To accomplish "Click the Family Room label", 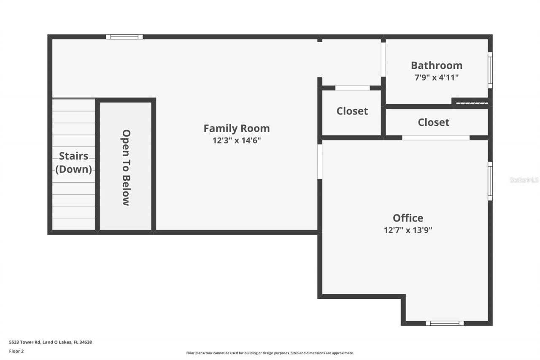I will (x=236, y=128).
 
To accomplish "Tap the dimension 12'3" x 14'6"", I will (x=236, y=141).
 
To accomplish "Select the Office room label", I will (x=408, y=218).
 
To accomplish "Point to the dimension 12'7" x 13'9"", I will (x=408, y=230).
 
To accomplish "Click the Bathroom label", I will (x=436, y=65).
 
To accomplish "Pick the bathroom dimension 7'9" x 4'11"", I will (x=436, y=77).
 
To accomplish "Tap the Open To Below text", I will (x=126, y=168).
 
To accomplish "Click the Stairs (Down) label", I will (x=74, y=162).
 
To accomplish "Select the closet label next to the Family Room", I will (x=352, y=111).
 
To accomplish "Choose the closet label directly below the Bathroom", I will (x=433, y=122).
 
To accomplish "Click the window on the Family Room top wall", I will (x=124, y=37).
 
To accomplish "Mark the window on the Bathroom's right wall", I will (x=490, y=70).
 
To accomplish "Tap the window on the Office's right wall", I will (x=490, y=181).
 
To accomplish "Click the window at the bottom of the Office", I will (x=444, y=323).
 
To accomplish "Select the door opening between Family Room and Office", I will (x=320, y=162).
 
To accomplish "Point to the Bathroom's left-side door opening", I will (x=383, y=59).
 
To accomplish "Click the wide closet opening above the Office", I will (x=435, y=138).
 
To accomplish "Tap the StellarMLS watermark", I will (x=524, y=180).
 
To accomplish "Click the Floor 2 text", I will (x=16, y=351).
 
